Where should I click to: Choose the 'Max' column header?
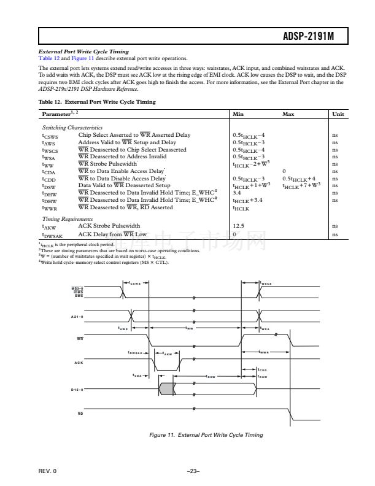click(288, 114)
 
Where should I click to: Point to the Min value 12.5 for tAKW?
click(239, 226)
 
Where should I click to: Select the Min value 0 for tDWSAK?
click(234, 234)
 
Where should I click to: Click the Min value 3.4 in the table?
click(238, 192)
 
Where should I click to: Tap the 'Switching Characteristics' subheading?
click(66, 128)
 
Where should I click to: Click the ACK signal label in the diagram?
click(78, 363)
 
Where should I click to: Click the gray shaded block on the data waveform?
click(166, 388)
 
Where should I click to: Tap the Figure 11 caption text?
click(206, 435)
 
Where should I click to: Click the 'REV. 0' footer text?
click(47, 471)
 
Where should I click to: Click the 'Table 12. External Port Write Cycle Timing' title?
click(97, 101)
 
